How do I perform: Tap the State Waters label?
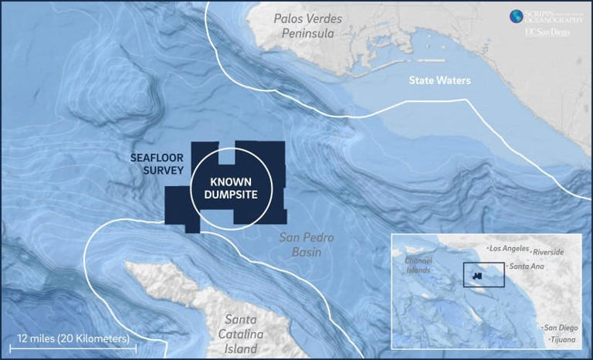[x=439, y=80]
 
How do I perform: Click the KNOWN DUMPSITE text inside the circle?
[x=229, y=188]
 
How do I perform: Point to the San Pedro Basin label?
[x=306, y=245]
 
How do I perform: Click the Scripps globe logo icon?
[x=515, y=16]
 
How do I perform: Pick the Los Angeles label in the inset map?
[x=509, y=249]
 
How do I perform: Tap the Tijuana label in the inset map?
[x=563, y=340]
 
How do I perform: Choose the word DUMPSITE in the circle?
[x=229, y=195]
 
